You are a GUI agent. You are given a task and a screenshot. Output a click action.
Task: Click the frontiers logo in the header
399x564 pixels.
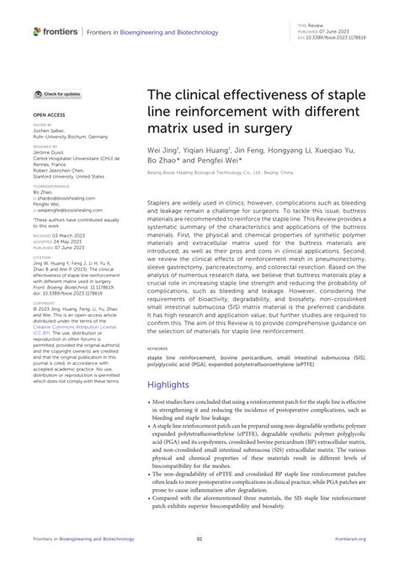click(56, 31)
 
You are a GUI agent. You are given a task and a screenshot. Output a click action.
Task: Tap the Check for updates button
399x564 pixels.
click(59, 94)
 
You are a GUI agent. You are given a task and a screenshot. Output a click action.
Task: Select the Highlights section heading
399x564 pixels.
click(175, 384)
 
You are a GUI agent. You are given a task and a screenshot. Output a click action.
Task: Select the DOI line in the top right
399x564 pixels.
click(340, 37)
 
